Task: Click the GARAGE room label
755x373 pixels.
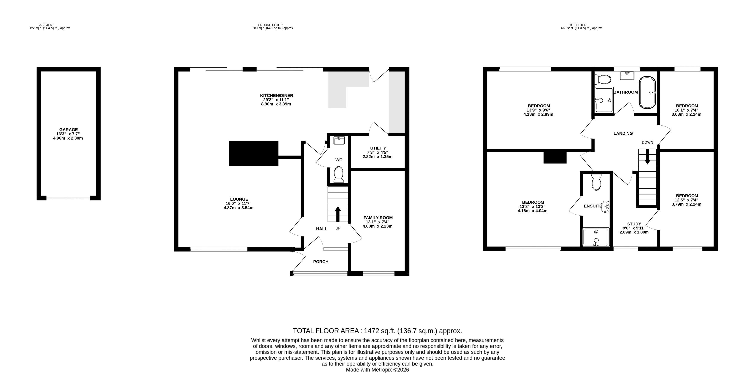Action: point(68,130)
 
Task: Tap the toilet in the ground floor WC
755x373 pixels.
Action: point(339,174)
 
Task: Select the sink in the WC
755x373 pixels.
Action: point(339,140)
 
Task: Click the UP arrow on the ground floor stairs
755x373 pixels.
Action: point(338,214)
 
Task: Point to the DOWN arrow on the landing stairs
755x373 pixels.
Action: point(647,157)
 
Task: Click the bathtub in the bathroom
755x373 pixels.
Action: point(647,92)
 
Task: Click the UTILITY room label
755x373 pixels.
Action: point(378,148)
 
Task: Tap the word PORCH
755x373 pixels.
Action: point(321,262)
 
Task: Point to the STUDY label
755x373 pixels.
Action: point(634,224)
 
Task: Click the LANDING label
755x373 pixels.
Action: point(623,134)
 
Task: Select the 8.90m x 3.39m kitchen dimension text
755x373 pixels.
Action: point(276,104)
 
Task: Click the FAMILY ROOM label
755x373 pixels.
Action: point(378,218)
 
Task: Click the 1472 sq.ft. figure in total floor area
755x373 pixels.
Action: point(380,331)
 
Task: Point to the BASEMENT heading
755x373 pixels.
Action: point(46,25)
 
